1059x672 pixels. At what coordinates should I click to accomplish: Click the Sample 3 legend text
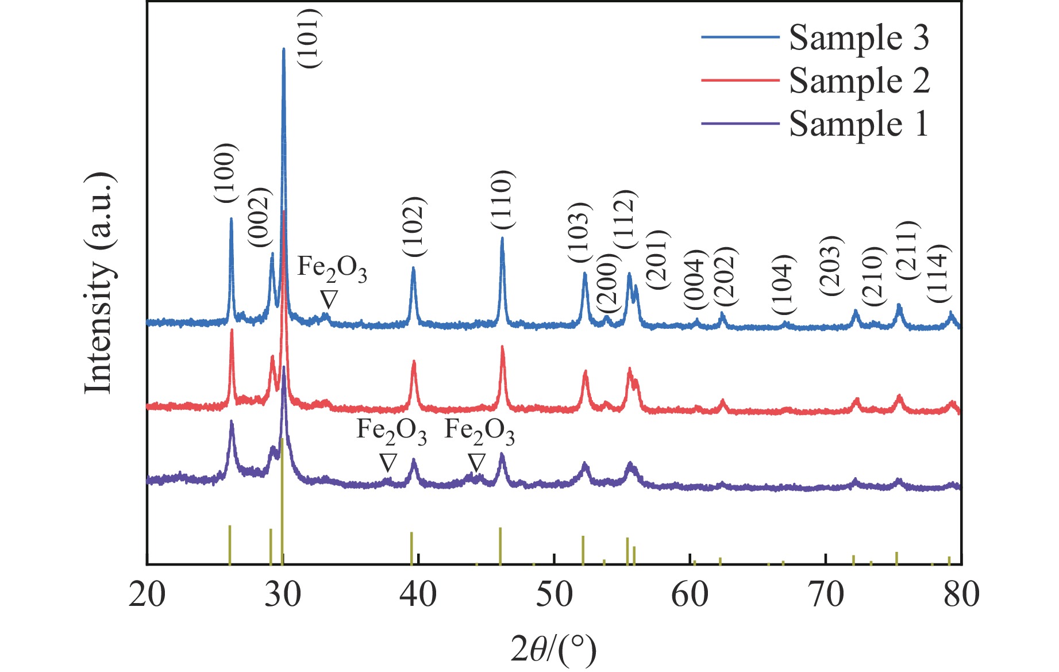coord(858,38)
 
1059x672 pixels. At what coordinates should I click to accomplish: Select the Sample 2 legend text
coord(859,80)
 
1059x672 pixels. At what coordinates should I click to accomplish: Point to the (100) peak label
coord(225,173)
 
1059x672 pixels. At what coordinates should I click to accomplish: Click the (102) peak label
coord(413,227)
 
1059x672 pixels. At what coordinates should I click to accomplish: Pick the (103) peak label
coord(579,233)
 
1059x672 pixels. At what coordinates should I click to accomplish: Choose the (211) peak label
coord(908,250)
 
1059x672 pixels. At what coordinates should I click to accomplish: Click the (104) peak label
coord(783,284)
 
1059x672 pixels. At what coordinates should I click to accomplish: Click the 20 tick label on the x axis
coord(147,594)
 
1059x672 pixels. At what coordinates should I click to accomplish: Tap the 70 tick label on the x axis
coord(826,594)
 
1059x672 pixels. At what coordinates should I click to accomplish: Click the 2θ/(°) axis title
coord(553,649)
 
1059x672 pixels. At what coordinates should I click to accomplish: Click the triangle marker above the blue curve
coord(329,299)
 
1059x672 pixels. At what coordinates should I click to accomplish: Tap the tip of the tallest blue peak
coord(283,49)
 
